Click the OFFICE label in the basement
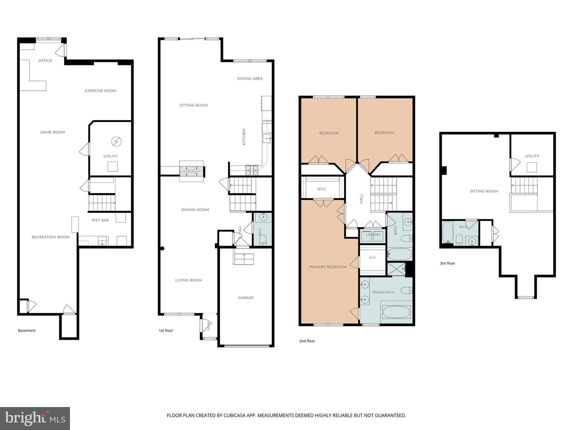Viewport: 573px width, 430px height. [45, 61]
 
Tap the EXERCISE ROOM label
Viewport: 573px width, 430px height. [101, 91]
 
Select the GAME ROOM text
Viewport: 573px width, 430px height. [53, 132]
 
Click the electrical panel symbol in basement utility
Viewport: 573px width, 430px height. [116, 141]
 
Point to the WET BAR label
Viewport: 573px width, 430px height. [100, 220]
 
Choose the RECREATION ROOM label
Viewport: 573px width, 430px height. [51, 237]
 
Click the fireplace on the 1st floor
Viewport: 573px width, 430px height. [192, 171]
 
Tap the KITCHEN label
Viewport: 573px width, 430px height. [244, 137]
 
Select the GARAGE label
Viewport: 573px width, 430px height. [246, 298]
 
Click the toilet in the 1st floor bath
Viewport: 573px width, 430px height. [263, 239]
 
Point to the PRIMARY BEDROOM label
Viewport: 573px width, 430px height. [327, 267]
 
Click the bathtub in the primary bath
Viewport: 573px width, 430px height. [396, 312]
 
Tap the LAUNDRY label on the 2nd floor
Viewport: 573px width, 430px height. [373, 235]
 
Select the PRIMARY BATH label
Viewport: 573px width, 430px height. [383, 292]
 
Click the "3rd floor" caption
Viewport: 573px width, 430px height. [447, 263]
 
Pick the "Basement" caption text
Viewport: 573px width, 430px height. [27, 330]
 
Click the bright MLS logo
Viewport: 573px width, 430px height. [35, 418]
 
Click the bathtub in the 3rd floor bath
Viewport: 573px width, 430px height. [447, 233]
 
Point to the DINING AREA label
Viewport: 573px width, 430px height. [250, 78]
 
